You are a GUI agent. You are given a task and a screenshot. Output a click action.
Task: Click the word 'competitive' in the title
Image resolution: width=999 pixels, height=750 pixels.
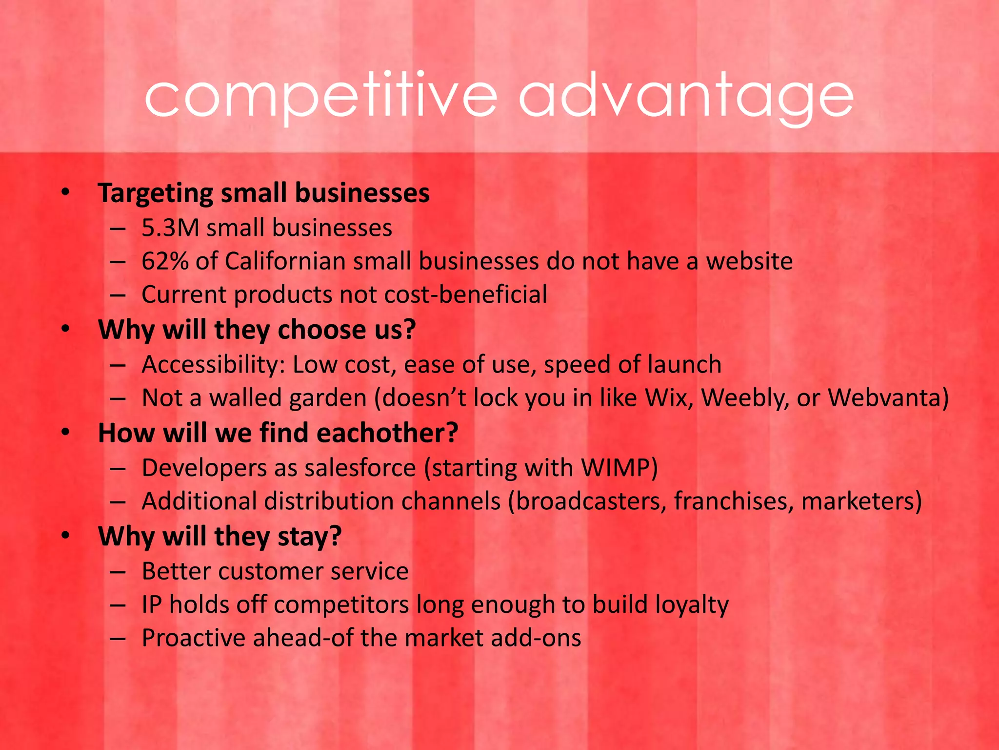pyautogui.click(x=320, y=96)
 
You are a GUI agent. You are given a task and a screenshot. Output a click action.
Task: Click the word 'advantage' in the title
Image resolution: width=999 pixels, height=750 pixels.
pyautogui.click(x=686, y=96)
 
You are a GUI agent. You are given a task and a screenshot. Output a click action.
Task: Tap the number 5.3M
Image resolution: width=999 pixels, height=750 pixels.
pyautogui.click(x=170, y=228)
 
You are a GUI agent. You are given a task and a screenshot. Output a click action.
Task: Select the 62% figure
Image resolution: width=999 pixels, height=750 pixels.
pyautogui.click(x=165, y=261)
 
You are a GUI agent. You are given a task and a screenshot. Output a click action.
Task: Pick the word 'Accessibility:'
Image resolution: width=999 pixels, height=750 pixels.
pyautogui.click(x=213, y=365)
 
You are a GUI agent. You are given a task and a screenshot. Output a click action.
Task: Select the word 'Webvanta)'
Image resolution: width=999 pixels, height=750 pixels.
pyautogui.click(x=888, y=398)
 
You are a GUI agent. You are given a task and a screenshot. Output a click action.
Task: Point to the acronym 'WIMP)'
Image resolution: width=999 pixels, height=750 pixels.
pyautogui.click(x=619, y=468)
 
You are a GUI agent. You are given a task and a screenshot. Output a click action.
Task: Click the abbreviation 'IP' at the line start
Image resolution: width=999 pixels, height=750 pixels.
pyautogui.click(x=151, y=604)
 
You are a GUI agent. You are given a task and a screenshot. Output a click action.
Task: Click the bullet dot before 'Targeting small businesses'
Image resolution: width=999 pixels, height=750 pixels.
pyautogui.click(x=66, y=192)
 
